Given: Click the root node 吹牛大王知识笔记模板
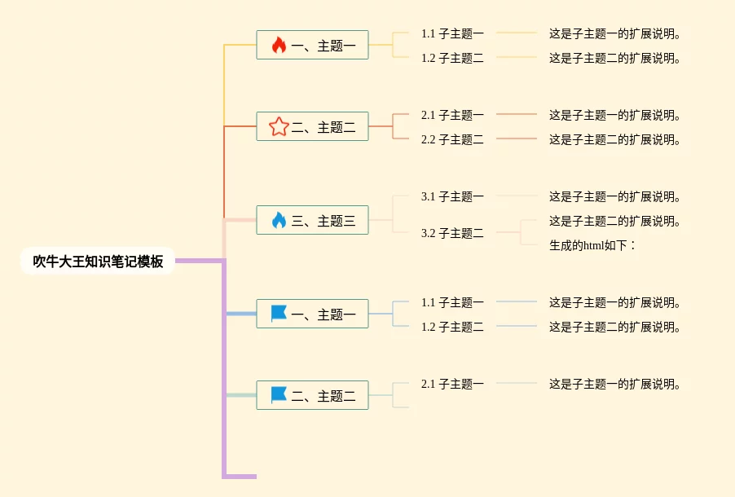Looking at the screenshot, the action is pyautogui.click(x=98, y=262).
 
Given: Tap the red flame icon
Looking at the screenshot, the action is pyautogui.click(x=279, y=45).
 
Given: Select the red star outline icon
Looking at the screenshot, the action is pyautogui.click(x=279, y=126).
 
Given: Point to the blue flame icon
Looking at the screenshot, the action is pyautogui.click(x=279, y=220).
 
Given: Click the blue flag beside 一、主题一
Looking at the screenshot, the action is pyautogui.click(x=279, y=314).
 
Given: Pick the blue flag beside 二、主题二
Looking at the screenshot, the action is pyautogui.click(x=279, y=395).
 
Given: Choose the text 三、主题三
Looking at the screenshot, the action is pyautogui.click(x=323, y=221).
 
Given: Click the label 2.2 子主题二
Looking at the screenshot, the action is pyautogui.click(x=452, y=139).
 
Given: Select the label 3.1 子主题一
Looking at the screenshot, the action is pyautogui.click(x=452, y=196).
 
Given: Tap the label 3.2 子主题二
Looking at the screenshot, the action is pyautogui.click(x=452, y=233).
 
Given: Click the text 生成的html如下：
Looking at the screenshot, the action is pyautogui.click(x=592, y=245).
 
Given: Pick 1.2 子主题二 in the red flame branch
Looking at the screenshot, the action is pyautogui.click(x=452, y=58).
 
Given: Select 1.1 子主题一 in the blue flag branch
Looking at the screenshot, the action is pyautogui.click(x=452, y=302).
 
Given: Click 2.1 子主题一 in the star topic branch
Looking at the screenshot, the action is pyautogui.click(x=452, y=115).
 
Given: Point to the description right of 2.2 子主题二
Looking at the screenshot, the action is pyautogui.click(x=615, y=139).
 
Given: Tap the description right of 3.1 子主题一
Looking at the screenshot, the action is pyautogui.click(x=615, y=196).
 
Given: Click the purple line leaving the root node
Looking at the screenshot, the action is pyautogui.click(x=200, y=261).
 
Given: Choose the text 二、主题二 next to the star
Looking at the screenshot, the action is pyautogui.click(x=323, y=127).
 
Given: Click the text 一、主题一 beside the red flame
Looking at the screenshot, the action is pyautogui.click(x=323, y=46).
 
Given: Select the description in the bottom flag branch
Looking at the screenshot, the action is pyautogui.click(x=615, y=384).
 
